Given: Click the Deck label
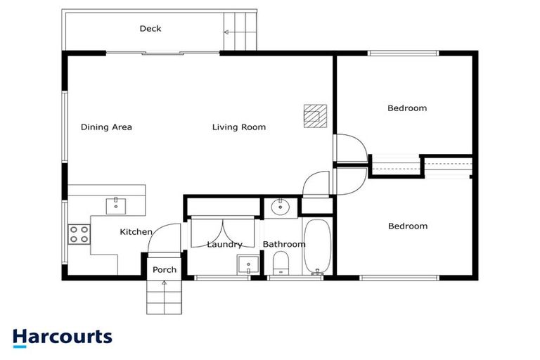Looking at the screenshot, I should pyautogui.click(x=150, y=29).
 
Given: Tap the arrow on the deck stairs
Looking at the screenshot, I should pyautogui.click(x=227, y=32).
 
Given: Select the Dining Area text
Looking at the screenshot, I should pyautogui.click(x=106, y=127).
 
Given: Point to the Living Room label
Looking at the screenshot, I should pyautogui.click(x=239, y=127).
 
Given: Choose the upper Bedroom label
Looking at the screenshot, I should pyautogui.click(x=407, y=108).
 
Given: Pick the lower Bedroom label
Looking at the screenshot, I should pyautogui.click(x=407, y=226).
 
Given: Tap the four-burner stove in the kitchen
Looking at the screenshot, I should pyautogui.click(x=79, y=233).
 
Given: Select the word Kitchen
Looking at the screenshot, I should pyautogui.click(x=136, y=232).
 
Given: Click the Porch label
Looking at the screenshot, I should pyautogui.click(x=165, y=270).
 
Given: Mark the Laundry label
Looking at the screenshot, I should pyautogui.click(x=224, y=245).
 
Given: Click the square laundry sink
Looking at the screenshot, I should pyautogui.click(x=245, y=266).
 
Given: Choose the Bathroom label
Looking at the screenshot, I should pyautogui.click(x=284, y=245).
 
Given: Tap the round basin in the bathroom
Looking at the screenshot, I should pyautogui.click(x=281, y=207).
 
